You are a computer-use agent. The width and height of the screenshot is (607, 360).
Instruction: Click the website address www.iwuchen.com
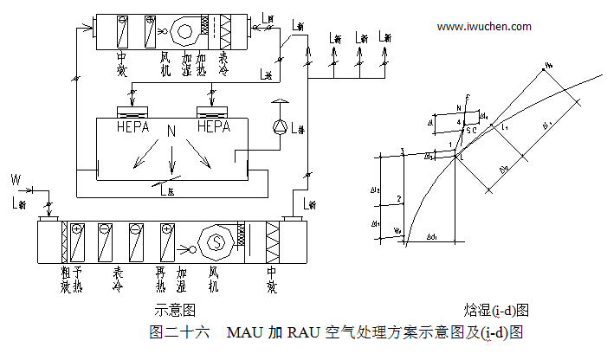pos(484,27)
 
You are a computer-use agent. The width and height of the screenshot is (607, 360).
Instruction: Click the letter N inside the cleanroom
pos(171,132)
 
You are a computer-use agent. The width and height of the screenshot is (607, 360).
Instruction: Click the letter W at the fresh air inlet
pos(15,179)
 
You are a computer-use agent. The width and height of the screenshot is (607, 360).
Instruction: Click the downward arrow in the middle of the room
pos(171,159)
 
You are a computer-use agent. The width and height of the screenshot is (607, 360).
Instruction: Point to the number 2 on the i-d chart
pos(398,200)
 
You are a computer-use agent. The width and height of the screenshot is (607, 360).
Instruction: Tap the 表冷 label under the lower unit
pos(119,279)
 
